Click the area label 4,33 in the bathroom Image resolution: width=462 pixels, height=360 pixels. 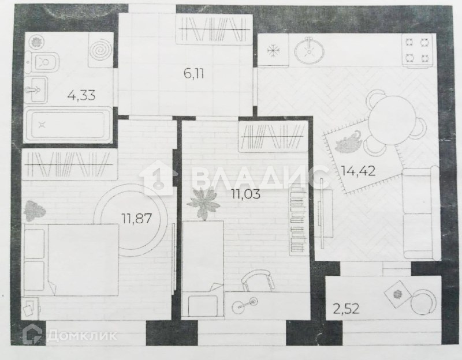click(x=81, y=95)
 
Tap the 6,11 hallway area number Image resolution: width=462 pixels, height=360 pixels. click(x=193, y=73)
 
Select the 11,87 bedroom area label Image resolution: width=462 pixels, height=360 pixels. click(x=137, y=219)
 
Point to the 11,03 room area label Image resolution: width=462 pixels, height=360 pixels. click(x=246, y=194)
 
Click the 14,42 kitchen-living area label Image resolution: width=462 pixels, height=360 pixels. click(x=358, y=170)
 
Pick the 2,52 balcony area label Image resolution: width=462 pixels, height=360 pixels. click(x=346, y=309)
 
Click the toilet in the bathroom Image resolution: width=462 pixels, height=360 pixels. click(x=42, y=62)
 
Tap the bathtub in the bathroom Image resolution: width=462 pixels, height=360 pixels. click(x=68, y=125)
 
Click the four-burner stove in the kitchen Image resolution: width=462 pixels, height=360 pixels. click(x=417, y=51)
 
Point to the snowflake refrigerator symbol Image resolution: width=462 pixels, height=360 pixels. click(x=273, y=51)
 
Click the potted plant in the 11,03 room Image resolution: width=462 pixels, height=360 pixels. click(x=204, y=203)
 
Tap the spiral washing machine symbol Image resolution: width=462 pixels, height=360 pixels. click(x=100, y=51)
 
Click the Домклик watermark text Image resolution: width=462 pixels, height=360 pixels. click(x=82, y=335)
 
